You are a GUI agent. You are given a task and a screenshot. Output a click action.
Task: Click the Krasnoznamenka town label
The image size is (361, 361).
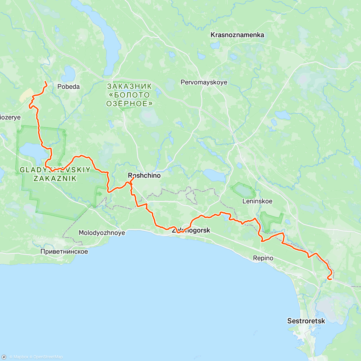coord(237,35)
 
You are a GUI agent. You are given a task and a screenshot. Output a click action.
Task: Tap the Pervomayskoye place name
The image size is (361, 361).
coord(204,82)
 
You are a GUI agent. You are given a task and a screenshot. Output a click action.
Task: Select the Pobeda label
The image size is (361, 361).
coord(69,87)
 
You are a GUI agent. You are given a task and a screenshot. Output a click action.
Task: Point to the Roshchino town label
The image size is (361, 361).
coord(144,175)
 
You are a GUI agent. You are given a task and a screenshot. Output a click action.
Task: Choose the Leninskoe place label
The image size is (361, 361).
coord(257,201)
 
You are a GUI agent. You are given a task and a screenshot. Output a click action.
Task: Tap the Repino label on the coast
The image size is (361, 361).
coord(263,258)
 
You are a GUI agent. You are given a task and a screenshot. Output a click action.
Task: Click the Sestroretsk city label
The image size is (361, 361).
coord(306,321)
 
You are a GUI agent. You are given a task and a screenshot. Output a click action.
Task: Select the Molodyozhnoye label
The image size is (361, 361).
coord(102,233)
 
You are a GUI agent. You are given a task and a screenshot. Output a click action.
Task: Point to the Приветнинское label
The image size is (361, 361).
coord(64,251)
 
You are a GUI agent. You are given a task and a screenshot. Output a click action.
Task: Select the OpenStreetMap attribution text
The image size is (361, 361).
coord(48,357)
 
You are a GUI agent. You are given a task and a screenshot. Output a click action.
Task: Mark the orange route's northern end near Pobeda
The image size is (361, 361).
coord(45,82)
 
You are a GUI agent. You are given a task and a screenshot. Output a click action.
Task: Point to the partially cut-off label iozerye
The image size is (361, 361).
coord(10,117)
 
